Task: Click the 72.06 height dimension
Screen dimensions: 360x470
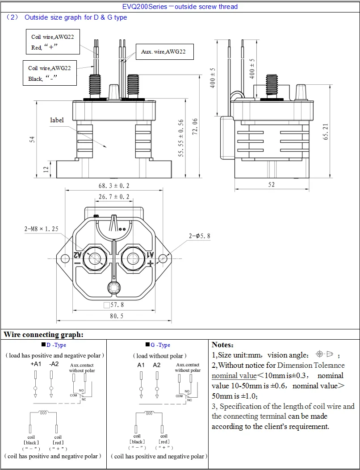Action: tap(195, 126)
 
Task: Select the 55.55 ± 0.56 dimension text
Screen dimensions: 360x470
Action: tap(180, 138)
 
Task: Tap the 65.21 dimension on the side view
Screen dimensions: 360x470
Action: tap(326, 131)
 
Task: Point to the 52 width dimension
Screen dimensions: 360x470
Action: tap(272, 185)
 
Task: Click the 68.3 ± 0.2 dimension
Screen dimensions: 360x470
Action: tap(114, 186)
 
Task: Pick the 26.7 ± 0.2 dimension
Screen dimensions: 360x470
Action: tap(114, 197)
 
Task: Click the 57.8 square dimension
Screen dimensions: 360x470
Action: tap(114, 305)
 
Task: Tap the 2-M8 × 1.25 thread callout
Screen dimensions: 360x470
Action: tap(42, 229)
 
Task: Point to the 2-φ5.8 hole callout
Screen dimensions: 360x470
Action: tap(200, 236)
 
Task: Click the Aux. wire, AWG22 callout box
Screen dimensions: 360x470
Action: tap(164, 52)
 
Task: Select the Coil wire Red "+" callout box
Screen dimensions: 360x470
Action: tap(53, 42)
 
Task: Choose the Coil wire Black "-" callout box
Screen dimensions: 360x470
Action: tap(50, 73)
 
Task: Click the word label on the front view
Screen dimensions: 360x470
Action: tap(57, 120)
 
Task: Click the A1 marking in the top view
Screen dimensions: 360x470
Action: tap(151, 254)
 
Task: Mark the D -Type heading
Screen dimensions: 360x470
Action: tap(54, 345)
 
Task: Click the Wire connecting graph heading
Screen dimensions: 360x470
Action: tap(43, 334)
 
